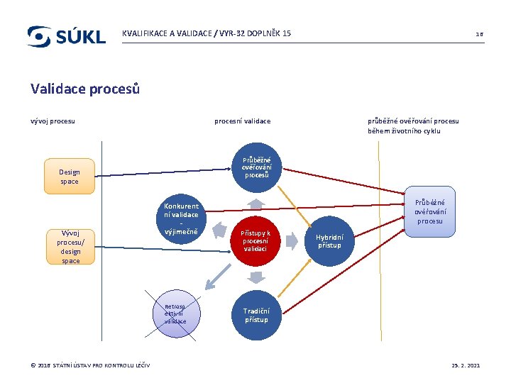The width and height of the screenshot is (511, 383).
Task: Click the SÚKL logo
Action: pyautogui.click(x=66, y=36)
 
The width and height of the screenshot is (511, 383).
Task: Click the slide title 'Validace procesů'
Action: pyautogui.click(x=85, y=89)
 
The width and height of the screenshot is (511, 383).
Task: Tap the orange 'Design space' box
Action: pyautogui.click(x=70, y=177)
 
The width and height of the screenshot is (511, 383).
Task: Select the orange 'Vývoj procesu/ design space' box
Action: pyautogui.click(x=70, y=246)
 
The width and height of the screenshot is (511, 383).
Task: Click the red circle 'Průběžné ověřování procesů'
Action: pyautogui.click(x=256, y=168)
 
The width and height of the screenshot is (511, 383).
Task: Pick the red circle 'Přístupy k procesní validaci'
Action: pyautogui.click(x=255, y=241)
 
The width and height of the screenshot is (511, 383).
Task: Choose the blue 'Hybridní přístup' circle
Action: pyautogui.click(x=329, y=242)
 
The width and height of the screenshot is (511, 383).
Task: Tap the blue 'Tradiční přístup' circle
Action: pyautogui.click(x=256, y=315)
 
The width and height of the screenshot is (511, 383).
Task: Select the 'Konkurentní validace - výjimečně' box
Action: pyautogui.click(x=181, y=219)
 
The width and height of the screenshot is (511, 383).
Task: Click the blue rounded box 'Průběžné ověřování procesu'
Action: pyautogui.click(x=429, y=211)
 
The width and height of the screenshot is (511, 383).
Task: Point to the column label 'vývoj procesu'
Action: pyautogui.click(x=53, y=121)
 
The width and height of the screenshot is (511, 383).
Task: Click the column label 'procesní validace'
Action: pyautogui.click(x=243, y=121)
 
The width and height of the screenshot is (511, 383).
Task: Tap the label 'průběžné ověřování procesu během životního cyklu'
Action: pyautogui.click(x=413, y=126)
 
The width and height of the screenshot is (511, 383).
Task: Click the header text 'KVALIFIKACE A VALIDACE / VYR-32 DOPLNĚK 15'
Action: pyautogui.click(x=207, y=33)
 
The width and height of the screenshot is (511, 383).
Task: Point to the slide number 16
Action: pyautogui.click(x=479, y=34)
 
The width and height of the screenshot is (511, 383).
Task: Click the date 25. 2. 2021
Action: pyautogui.click(x=466, y=365)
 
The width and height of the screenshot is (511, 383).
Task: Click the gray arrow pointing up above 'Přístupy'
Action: pyautogui.click(x=256, y=204)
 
